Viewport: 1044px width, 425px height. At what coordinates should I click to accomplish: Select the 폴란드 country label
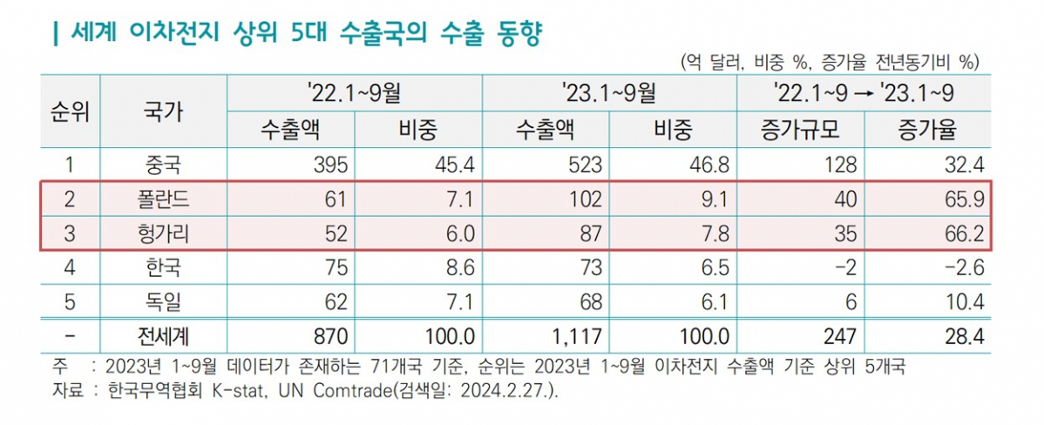[x=163, y=200]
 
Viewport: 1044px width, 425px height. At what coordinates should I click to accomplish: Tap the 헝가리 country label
[x=163, y=233]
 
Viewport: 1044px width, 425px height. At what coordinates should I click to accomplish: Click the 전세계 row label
[x=163, y=335]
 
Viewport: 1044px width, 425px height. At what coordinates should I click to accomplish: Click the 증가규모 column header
[x=800, y=130]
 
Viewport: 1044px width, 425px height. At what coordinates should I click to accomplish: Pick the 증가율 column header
[x=926, y=130]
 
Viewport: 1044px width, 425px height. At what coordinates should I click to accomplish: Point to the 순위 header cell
[x=70, y=111]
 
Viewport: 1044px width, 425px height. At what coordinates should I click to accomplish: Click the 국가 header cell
[x=163, y=111]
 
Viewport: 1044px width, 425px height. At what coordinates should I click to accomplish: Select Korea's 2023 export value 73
[x=586, y=268]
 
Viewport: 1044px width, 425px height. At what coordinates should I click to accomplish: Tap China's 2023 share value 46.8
[x=711, y=164]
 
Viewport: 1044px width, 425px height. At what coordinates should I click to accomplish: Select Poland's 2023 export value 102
[x=582, y=200]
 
